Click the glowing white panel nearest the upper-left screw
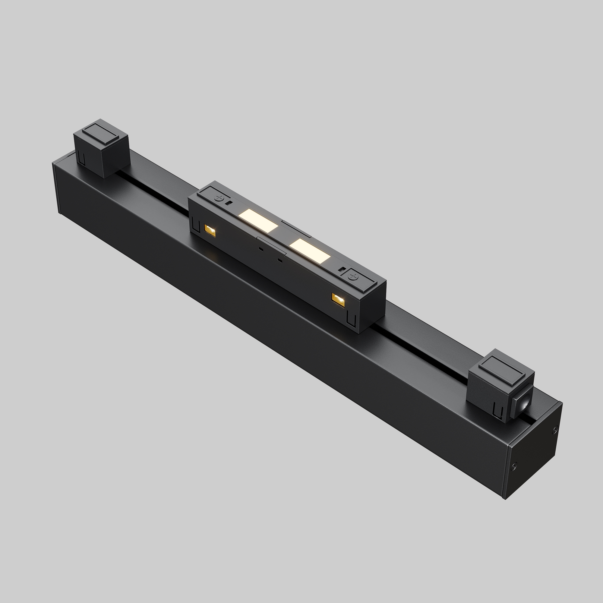point(258,220)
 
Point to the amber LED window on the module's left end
point(210,230)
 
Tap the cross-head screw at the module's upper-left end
point(219,197)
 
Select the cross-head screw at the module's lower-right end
point(354,276)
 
